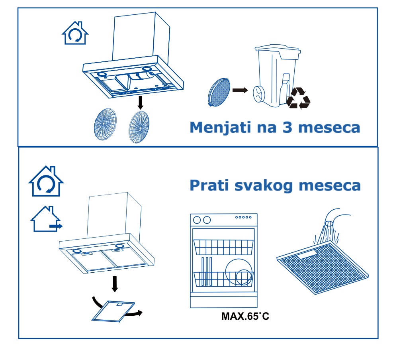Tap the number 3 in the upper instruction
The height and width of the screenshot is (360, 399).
pyautogui.click(x=287, y=127)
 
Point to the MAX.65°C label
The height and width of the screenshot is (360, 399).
pyautogui.click(x=245, y=316)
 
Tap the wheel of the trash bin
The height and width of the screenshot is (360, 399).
pyautogui.click(x=259, y=94)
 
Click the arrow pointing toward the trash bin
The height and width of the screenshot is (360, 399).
pyautogui.click(x=240, y=90)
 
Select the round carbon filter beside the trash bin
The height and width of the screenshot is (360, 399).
pyautogui.click(x=219, y=92)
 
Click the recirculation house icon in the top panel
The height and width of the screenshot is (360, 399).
pyautogui.click(x=75, y=33)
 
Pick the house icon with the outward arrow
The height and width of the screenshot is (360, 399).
pyautogui.click(x=46, y=219)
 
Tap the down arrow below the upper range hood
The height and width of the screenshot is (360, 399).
pyautogui.click(x=140, y=102)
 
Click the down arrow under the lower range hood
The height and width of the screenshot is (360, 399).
pyautogui.click(x=115, y=284)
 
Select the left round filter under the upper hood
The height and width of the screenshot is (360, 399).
pyautogui.click(x=105, y=124)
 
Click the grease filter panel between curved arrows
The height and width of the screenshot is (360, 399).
pyautogui.click(x=113, y=311)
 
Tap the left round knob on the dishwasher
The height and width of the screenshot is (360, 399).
pyautogui.click(x=197, y=220)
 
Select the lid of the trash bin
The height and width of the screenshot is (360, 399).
pyautogui.click(x=278, y=49)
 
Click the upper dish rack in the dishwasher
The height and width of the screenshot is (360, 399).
pyautogui.click(x=223, y=247)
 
